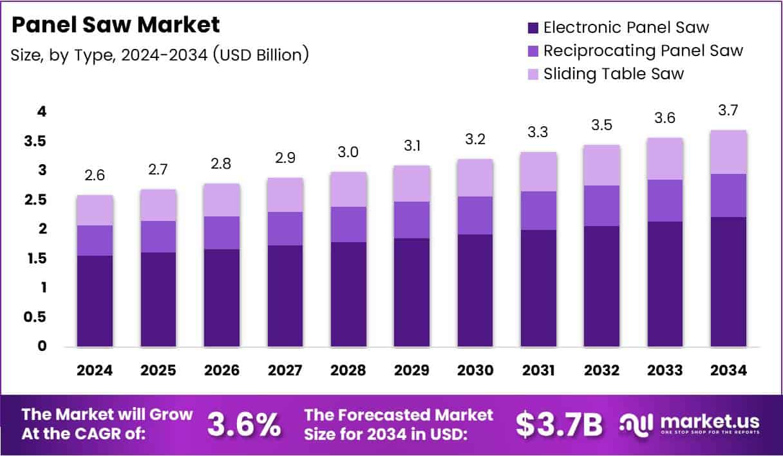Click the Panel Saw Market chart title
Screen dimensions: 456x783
pos(115,25)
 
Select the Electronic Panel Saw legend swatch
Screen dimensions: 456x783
pos(533,28)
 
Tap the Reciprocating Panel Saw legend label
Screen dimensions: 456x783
pos(643,50)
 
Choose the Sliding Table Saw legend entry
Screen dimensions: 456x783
pos(613,73)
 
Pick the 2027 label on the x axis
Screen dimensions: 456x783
pos(284,371)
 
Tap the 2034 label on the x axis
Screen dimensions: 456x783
pos(729,371)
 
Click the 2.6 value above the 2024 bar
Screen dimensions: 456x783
pos(95,176)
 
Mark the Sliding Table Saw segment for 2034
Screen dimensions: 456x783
pos(728,152)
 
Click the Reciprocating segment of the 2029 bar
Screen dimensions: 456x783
pos(412,220)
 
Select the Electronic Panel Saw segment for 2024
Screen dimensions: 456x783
pos(95,301)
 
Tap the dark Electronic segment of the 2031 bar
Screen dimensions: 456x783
pos(539,288)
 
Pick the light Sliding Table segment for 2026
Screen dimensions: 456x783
pos(222,200)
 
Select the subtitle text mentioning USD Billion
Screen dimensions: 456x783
pos(160,55)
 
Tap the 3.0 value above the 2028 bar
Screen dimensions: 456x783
pos(348,153)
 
